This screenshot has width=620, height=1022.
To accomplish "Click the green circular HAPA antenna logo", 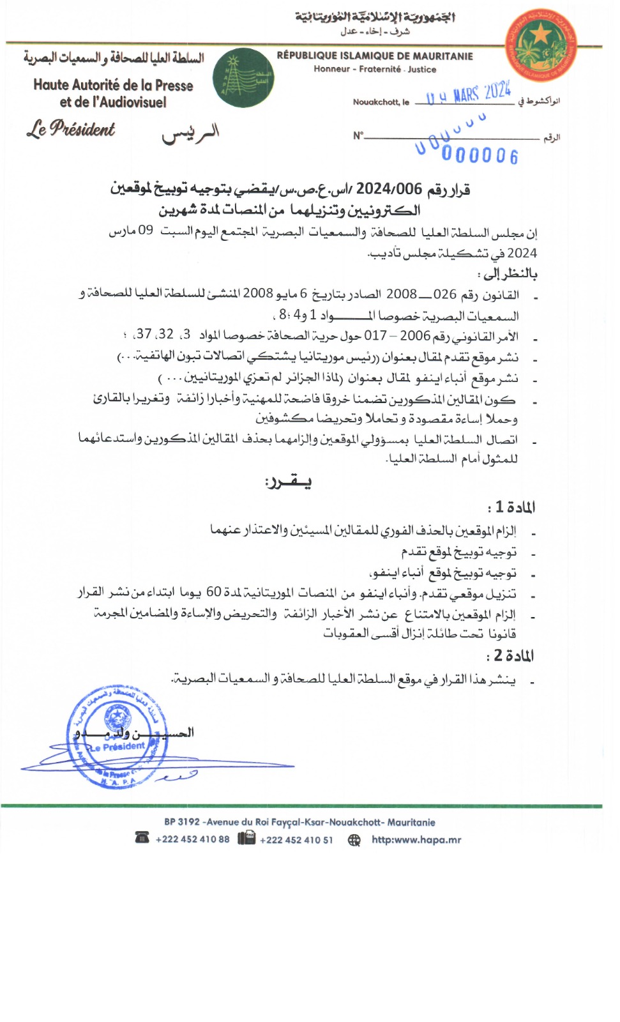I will pyautogui.click(x=243, y=78).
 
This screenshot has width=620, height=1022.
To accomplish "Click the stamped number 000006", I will pyautogui.click(x=480, y=155).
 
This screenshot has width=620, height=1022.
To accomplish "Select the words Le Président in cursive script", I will pyautogui.click(x=71, y=128).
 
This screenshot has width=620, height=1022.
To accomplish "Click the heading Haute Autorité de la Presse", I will pyautogui.click(x=113, y=85).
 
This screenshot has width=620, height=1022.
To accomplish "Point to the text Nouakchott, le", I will pyautogui.click(x=381, y=102).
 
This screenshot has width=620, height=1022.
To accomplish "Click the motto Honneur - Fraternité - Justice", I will pyautogui.click(x=375, y=69).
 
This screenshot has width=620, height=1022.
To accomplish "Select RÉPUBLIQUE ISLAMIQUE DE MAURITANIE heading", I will pyautogui.click(x=375, y=56).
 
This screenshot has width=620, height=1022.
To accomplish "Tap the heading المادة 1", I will pyautogui.click(x=511, y=507).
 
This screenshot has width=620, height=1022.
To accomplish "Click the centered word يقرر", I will pyautogui.click(x=288, y=482).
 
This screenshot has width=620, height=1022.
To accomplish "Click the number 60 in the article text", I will pyautogui.click(x=213, y=593).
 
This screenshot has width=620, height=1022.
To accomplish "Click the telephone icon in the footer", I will pyautogui.click(x=142, y=838).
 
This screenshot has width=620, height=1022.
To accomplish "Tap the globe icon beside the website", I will pyautogui.click(x=354, y=840).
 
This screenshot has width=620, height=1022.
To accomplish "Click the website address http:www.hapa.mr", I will pyautogui.click(x=416, y=840).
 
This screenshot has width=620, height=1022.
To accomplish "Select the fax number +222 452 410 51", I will pyautogui.click(x=296, y=840).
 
